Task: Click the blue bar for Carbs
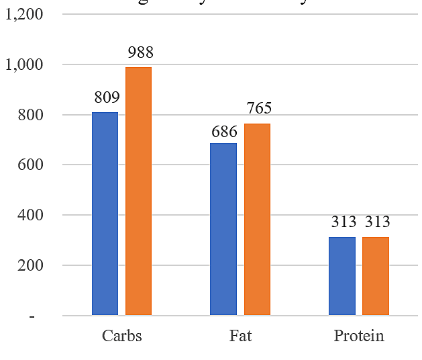pos(105,214)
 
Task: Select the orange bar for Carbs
pos(139,191)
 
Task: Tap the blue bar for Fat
pos(223,229)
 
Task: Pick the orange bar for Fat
pos(257,219)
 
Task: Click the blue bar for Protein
pos(342,276)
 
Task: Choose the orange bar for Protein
pos(376,276)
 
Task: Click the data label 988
pos(140,52)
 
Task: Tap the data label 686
pos(224,130)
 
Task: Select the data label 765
pos(258,109)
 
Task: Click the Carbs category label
pos(121,336)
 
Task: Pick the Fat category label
pos(240,336)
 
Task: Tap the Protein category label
pos(359,336)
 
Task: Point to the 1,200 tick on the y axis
pos(23,14)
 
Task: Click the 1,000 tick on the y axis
pos(23,65)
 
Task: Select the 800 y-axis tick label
pos(30,115)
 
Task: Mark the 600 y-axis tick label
pos(30,165)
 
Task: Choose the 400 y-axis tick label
pos(30,216)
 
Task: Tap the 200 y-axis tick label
pos(30,265)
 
